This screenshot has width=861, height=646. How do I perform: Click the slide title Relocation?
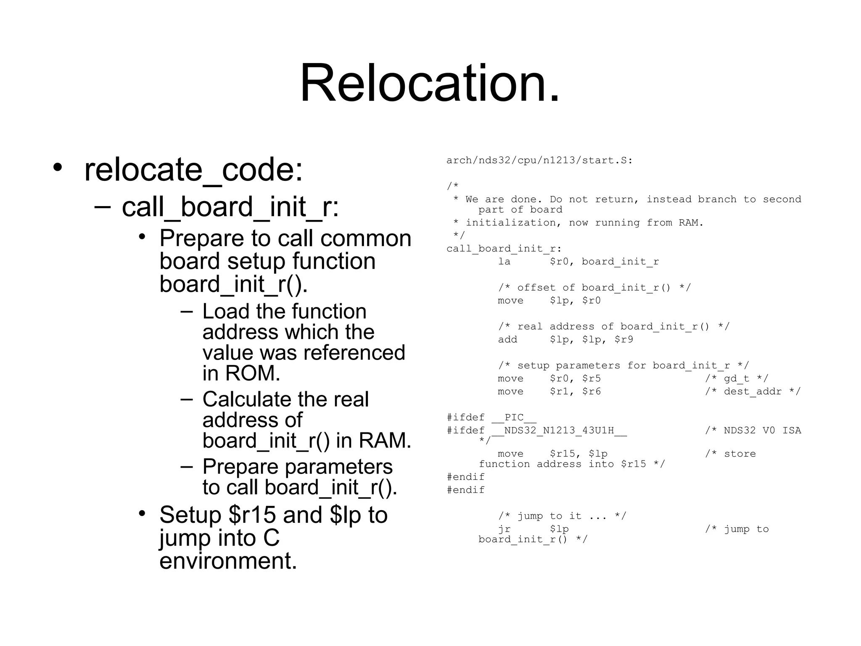pos(430,83)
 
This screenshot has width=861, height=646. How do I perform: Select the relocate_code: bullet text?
pos(193,169)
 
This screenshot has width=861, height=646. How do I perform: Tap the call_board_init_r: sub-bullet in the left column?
pos(230,207)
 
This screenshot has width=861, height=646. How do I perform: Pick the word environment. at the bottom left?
pos(228,561)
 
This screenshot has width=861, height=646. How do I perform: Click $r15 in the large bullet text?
pos(252,515)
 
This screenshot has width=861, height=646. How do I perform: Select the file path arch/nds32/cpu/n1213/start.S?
pos(539,160)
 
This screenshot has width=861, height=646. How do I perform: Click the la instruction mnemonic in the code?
pos(504,262)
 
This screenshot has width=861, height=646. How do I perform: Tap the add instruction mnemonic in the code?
pos(507,339)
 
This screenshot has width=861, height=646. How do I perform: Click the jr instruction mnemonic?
pos(504,529)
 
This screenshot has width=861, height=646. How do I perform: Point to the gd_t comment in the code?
pos(737,379)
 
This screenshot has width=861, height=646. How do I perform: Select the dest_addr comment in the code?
pos(753,392)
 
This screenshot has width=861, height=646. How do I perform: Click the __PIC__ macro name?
pos(514,418)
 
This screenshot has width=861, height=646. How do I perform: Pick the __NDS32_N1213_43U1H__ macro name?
pos(559,431)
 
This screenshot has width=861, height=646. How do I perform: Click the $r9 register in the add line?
pos(623,339)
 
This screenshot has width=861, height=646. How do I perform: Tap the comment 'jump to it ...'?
pos(562,516)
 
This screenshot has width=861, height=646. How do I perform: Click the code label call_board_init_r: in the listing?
pos(504,249)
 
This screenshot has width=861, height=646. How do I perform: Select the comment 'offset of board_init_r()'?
pos(594,288)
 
